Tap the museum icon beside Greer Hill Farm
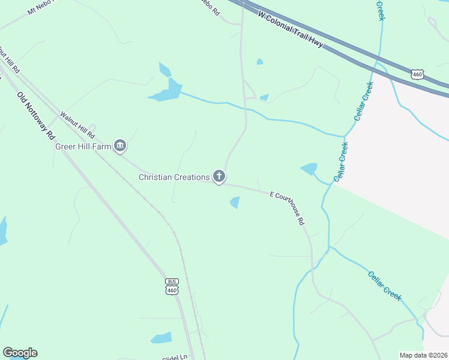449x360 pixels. point(120,145)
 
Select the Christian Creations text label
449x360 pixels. point(174,176)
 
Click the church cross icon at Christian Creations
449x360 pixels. point(220,176)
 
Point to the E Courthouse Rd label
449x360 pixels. point(288,208)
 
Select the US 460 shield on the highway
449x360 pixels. point(418,74)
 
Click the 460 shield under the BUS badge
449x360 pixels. point(172,290)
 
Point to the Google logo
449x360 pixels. point(20,353)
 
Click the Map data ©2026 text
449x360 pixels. point(423,355)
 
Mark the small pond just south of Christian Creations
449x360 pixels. point(235,203)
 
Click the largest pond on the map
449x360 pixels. point(166,90)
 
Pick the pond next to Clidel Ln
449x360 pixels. point(161,338)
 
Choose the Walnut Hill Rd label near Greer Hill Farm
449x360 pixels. point(79,124)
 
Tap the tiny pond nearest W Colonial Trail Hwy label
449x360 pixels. point(259,61)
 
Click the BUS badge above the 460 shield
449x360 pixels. point(172,281)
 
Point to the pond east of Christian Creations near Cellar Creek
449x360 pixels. point(309,169)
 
